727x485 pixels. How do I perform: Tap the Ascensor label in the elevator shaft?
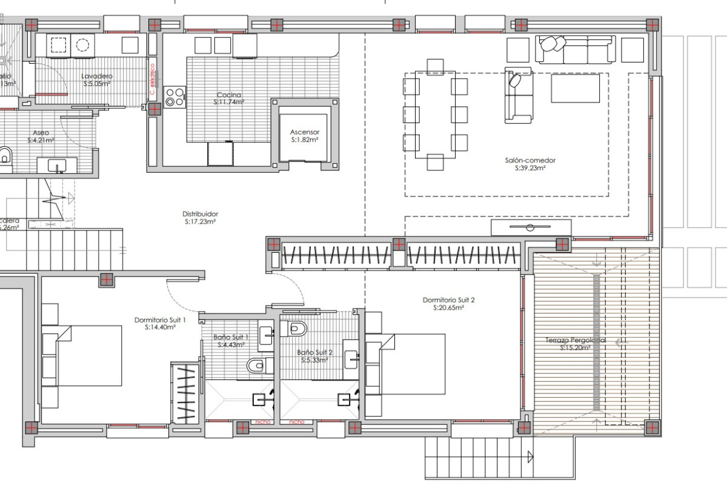[x=304, y=132]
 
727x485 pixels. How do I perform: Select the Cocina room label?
[x=229, y=95]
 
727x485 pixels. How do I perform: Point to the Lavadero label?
[x=97, y=76]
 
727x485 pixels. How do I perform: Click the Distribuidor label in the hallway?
[x=201, y=214]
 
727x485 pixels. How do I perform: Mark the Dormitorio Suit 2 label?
[x=448, y=300]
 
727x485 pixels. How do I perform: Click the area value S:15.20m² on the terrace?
[x=575, y=348]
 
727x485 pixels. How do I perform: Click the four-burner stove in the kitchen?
[x=175, y=97]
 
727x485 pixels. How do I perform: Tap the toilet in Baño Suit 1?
[x=256, y=365]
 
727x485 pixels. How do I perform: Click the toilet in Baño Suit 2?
[x=298, y=329]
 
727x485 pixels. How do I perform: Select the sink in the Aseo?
[x=58, y=164]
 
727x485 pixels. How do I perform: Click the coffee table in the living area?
[x=575, y=89]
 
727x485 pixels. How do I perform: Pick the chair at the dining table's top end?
[x=435, y=65]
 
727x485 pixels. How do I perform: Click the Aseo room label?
[x=41, y=132]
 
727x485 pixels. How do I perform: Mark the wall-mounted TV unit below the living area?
[x=531, y=228]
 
